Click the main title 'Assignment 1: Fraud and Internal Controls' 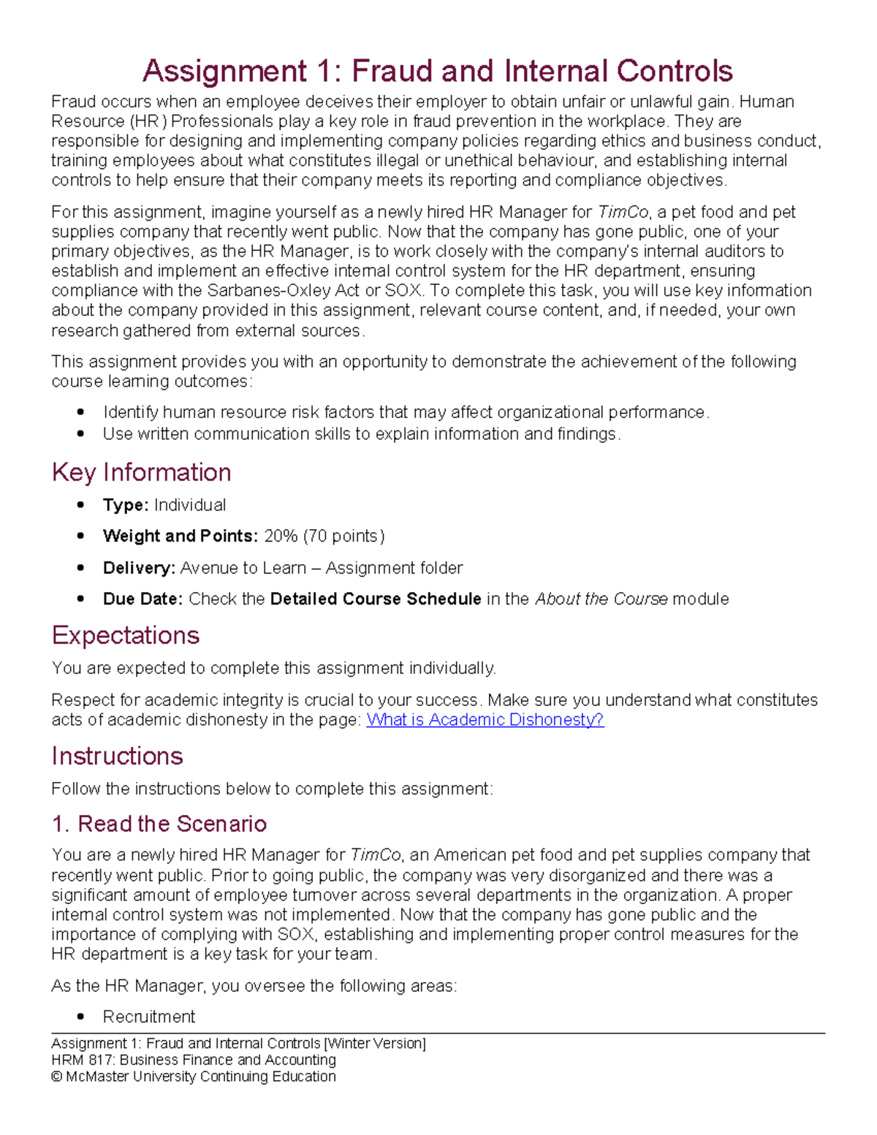[x=437, y=71]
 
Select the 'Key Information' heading [x=141, y=472]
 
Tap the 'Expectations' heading [x=125, y=635]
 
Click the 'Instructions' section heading [x=117, y=756]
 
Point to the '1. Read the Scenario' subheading [x=159, y=824]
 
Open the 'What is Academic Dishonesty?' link [x=485, y=720]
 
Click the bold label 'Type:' [x=126, y=505]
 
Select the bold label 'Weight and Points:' [x=180, y=536]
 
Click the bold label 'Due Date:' [x=143, y=599]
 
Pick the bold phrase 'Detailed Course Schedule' [x=375, y=599]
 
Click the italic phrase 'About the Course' [x=601, y=599]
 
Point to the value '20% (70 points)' [x=324, y=536]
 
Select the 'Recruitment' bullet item [x=149, y=1017]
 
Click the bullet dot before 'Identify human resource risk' [x=80, y=413]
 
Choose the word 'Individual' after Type [x=190, y=505]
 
